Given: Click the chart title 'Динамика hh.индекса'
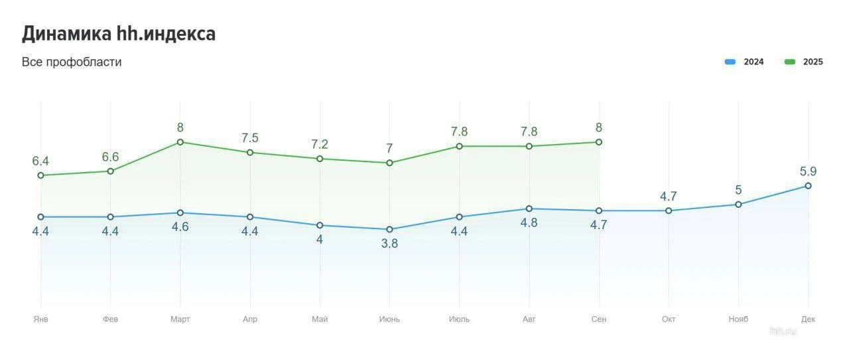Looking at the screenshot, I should (x=119, y=34).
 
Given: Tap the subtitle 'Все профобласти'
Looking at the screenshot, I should (x=72, y=62).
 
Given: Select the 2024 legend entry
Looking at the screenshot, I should (x=744, y=62).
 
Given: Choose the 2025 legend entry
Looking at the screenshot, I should (x=804, y=62).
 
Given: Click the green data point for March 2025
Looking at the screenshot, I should (x=180, y=142).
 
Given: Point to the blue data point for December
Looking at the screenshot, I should (x=808, y=186).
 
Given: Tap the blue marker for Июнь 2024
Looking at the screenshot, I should (x=389, y=229).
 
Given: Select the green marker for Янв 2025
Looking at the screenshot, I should (x=40, y=175).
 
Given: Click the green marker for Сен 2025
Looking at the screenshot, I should (x=599, y=142).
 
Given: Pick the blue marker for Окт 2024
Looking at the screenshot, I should (x=669, y=211).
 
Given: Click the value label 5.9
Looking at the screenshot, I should (x=808, y=171).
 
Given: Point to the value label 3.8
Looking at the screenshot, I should (x=389, y=244).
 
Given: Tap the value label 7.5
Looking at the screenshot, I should (x=250, y=138).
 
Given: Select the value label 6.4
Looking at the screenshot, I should (x=40, y=161).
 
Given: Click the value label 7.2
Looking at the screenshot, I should (x=320, y=144).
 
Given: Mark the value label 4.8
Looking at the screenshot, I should (x=529, y=223).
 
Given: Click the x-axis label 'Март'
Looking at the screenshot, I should (x=180, y=319).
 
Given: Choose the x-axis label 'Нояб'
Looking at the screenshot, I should (x=738, y=319).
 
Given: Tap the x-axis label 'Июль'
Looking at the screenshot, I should (x=459, y=319).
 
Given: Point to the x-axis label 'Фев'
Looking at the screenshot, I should (x=110, y=319).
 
